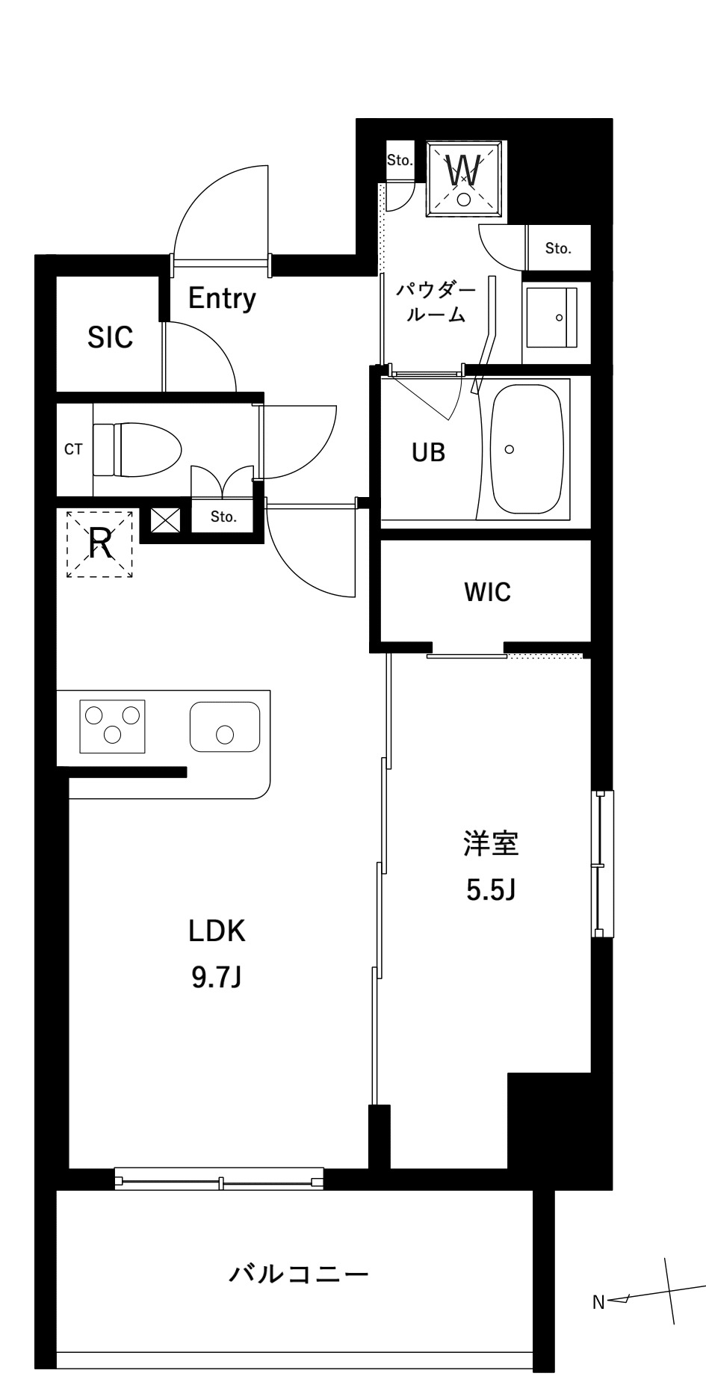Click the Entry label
point(222,298)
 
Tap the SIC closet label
point(110,337)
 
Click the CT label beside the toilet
point(73,449)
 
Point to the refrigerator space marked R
point(100,543)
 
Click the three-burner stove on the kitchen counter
point(112,724)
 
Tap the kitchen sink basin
point(224,727)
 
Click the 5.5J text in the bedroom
point(491,889)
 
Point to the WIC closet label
point(487,592)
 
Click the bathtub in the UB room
point(527,448)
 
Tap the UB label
point(429,451)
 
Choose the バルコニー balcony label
point(299,1272)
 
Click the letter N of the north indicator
point(598,1302)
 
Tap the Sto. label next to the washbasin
point(557,248)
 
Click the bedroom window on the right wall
point(602,863)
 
